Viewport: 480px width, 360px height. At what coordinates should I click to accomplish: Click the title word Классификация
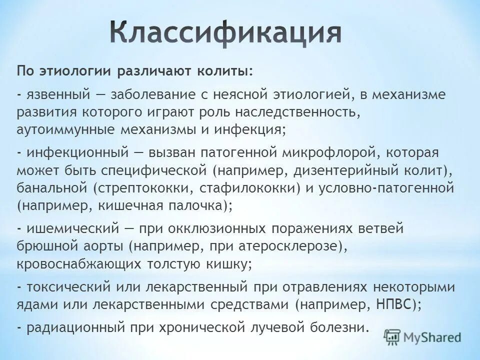click(x=225, y=33)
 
